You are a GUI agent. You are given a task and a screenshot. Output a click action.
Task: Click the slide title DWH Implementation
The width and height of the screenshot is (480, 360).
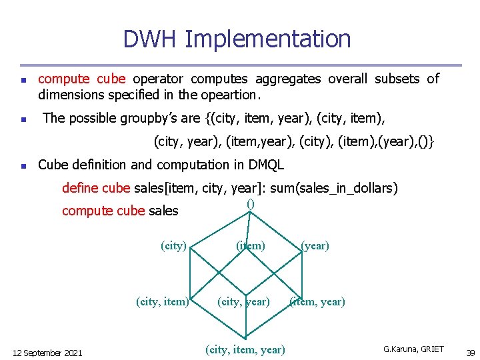click(x=237, y=39)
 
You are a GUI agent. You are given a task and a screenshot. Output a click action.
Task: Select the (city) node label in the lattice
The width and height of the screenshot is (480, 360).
click(x=174, y=245)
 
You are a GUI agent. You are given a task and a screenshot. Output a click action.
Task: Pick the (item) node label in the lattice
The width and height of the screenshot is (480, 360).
click(x=251, y=245)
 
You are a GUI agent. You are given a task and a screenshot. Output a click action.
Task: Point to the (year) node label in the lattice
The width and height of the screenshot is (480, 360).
click(x=315, y=245)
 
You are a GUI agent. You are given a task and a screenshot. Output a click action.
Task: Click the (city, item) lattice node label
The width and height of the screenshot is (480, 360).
click(x=162, y=301)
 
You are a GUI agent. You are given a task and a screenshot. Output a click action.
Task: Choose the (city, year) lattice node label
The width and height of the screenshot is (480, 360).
click(x=243, y=301)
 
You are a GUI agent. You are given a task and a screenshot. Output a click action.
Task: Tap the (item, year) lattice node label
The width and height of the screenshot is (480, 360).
click(x=317, y=301)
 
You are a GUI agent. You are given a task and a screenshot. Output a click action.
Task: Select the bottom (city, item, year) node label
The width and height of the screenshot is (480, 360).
click(x=245, y=349)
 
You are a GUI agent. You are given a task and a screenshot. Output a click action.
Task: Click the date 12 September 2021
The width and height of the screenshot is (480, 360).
click(x=48, y=353)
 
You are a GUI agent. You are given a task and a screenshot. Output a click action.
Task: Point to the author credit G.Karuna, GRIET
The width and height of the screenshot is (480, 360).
click(x=413, y=349)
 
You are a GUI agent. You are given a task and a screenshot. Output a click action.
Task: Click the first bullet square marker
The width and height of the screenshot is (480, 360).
click(x=23, y=80)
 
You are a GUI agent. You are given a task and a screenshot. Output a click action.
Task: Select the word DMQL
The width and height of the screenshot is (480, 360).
click(x=265, y=165)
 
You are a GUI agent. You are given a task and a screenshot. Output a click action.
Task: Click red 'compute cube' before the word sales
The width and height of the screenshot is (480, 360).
click(x=103, y=211)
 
